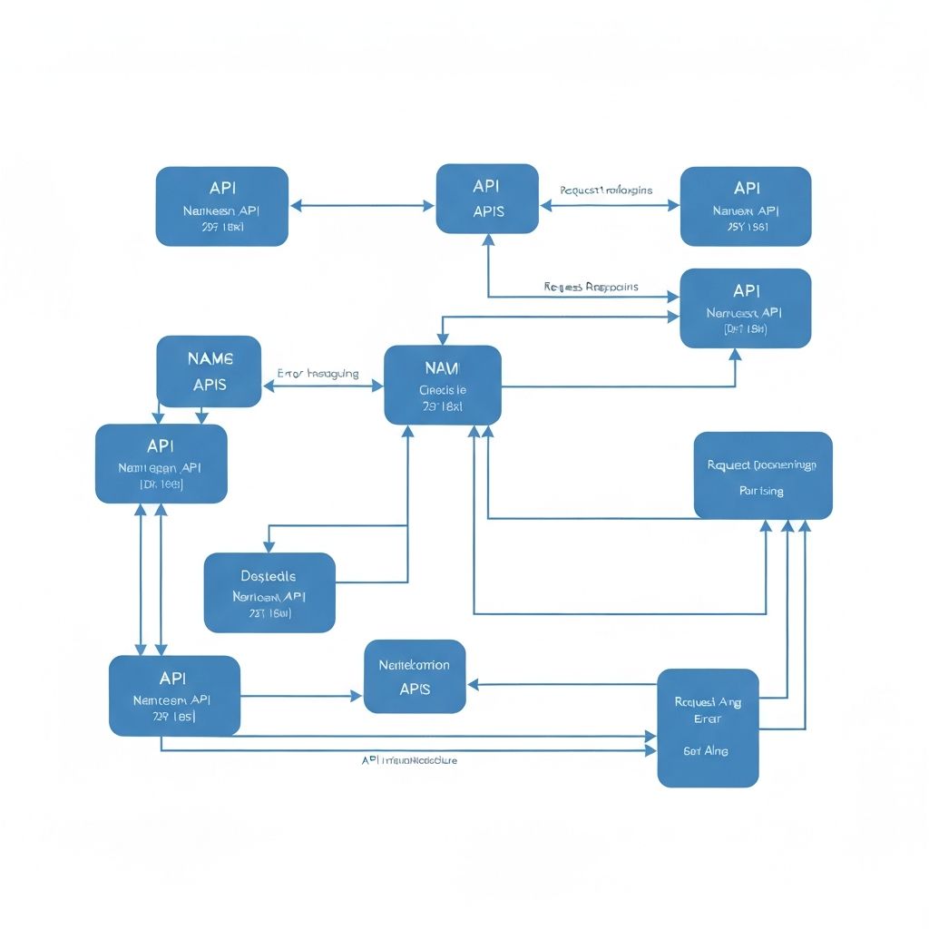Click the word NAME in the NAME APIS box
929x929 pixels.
pos(210,358)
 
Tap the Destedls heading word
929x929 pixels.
pos(269,576)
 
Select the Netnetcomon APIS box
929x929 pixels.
pos(415,677)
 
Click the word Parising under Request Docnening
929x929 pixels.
pos(761,491)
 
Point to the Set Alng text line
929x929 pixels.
pos(706,751)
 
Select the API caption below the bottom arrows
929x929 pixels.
pos(409,760)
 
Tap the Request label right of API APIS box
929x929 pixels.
pos(606,191)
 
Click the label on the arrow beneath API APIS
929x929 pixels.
pos(591,287)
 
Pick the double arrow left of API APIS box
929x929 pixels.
pos(362,206)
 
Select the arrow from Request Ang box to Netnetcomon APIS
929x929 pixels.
pos(562,685)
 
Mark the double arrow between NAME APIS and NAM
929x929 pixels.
pos(323,386)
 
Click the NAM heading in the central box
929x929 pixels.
pos(442,368)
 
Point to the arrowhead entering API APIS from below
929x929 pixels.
pos(488,240)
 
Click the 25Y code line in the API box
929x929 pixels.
pos(746,227)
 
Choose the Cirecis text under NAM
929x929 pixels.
pos(443,390)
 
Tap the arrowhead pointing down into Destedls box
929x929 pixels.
pos(269,547)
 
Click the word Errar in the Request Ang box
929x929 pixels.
pos(708,719)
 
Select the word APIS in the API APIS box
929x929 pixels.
pos(488,211)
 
